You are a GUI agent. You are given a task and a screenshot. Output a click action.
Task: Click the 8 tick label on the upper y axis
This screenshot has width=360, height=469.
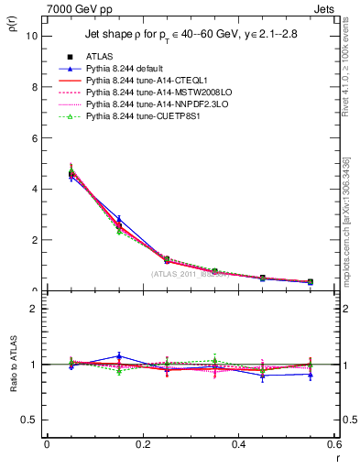click(34, 87)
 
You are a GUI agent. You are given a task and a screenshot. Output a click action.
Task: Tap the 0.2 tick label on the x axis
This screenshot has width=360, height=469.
click(142, 444)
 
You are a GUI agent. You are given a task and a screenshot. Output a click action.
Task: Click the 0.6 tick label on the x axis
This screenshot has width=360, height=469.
click(333, 444)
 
